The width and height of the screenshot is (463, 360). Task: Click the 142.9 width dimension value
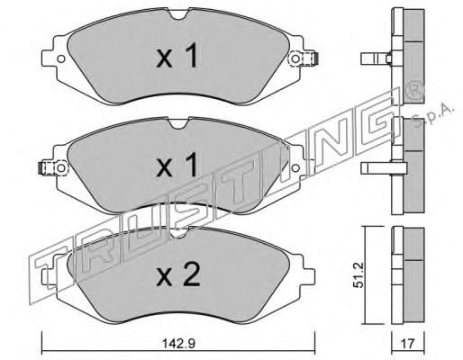pos(178,343)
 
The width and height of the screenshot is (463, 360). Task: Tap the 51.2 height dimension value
pos(359,275)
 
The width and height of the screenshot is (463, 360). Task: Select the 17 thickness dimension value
pos(408,344)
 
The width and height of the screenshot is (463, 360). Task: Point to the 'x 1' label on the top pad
pos(177,56)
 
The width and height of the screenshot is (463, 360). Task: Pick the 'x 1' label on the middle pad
pos(177,165)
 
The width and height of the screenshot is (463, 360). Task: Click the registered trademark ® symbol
pos(414,91)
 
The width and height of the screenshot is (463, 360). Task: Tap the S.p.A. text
pos(433,115)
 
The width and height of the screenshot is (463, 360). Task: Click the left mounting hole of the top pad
pos(61,58)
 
